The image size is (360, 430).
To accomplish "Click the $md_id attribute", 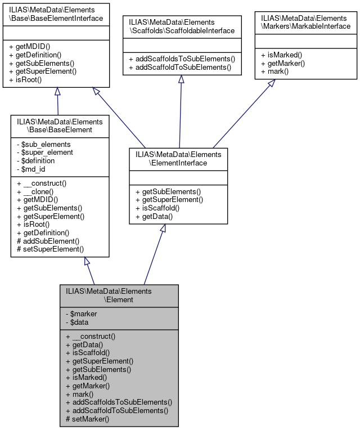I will [x=35, y=168].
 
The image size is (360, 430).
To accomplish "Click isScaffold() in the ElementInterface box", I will [x=164, y=208].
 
